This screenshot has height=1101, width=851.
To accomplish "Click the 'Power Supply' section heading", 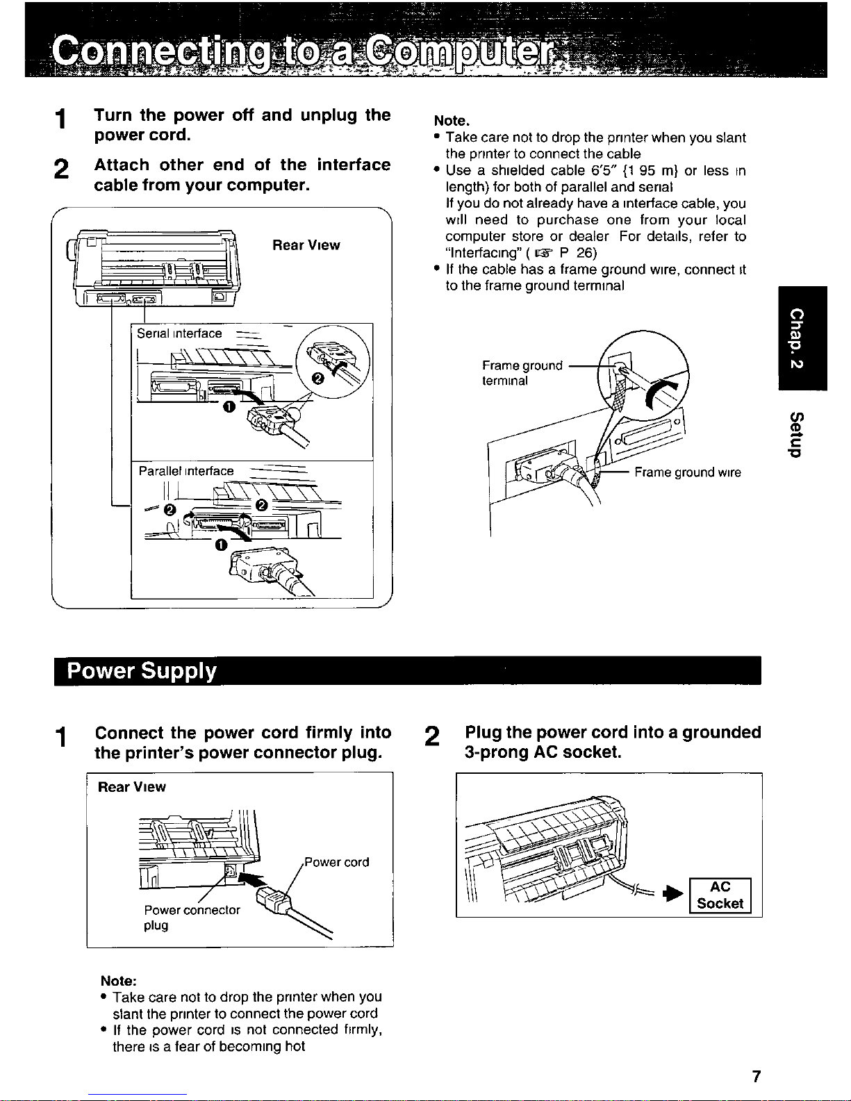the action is click(x=142, y=670).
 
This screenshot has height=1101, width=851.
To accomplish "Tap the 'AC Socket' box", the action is click(x=720, y=895).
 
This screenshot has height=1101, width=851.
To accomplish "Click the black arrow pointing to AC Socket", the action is click(x=675, y=894).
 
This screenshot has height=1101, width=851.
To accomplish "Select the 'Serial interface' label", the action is click(x=179, y=333).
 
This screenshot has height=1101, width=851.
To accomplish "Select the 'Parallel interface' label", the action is click(x=186, y=471).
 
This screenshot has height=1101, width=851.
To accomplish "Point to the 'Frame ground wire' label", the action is click(x=687, y=472).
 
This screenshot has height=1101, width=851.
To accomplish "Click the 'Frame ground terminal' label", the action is click(x=522, y=373).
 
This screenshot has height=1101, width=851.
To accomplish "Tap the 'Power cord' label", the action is click(x=336, y=862).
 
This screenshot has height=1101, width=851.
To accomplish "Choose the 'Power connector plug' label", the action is click(x=192, y=917).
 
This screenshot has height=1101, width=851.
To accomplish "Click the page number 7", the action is click(x=757, y=1076).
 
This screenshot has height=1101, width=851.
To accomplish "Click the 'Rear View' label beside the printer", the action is click(x=306, y=245).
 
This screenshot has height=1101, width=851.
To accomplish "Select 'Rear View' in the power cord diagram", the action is click(x=132, y=787).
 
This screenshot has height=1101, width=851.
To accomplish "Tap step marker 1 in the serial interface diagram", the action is click(x=229, y=407).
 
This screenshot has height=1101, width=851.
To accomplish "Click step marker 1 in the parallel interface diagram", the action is click(x=221, y=545).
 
